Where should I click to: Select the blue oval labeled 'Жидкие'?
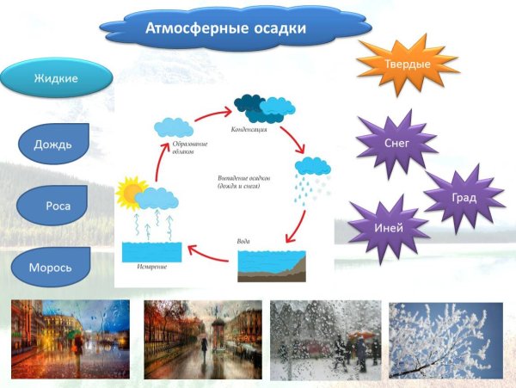56,78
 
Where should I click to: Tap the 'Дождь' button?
53,145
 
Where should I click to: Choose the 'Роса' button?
53,206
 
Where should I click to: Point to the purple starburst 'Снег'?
396,144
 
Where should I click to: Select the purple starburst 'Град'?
464,197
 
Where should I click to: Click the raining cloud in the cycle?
313,169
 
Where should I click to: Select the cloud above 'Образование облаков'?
174,126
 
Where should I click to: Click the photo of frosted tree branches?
445,340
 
